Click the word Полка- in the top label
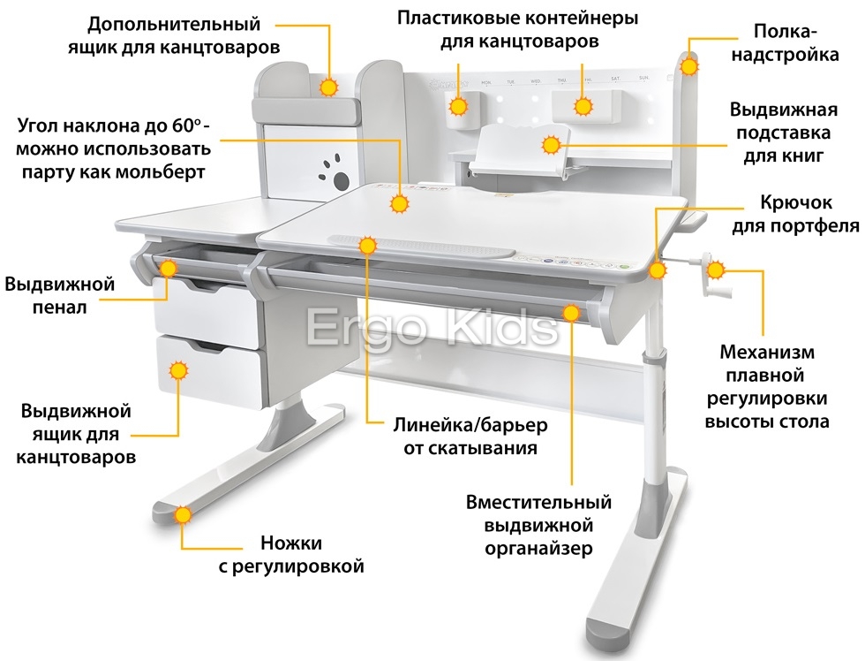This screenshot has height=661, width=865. [x=785, y=32]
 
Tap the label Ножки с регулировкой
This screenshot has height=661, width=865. [x=291, y=554]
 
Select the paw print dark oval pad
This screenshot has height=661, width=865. [x=342, y=180]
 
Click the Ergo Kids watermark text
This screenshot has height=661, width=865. [x=432, y=328]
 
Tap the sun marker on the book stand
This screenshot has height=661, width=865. [x=551, y=145]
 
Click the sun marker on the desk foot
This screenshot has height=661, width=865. [x=182, y=515]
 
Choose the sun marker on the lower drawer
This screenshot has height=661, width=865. [x=178, y=370]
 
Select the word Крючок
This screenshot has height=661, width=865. [x=795, y=203]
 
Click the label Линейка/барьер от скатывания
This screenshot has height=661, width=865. [x=470, y=437]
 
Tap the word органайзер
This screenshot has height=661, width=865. [x=538, y=549]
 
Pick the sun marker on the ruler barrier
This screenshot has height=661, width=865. [x=367, y=245]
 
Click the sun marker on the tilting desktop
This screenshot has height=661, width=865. [x=399, y=204]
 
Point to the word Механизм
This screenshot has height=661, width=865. [x=767, y=353]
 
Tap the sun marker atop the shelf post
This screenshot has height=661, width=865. [x=688, y=66]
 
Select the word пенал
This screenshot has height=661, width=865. [x=60, y=308]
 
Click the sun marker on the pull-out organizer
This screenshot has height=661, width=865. [x=572, y=313]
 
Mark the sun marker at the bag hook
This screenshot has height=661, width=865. [x=657, y=270]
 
